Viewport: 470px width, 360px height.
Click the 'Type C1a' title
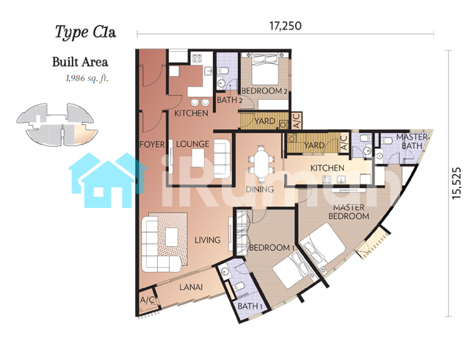coord(85,32)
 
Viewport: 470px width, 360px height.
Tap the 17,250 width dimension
coord(286,26)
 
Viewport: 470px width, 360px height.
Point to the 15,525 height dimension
coord(456,183)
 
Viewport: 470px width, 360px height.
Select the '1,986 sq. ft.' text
coord(87,79)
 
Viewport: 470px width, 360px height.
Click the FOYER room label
coord(152,145)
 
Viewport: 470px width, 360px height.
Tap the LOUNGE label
coord(192,144)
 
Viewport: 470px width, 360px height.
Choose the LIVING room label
coord(207,240)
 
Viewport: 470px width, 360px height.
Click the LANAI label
coord(191,287)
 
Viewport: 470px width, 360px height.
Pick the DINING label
coord(259,190)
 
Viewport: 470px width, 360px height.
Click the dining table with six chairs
coord(261,164)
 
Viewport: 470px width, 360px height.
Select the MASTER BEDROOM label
coord(349,212)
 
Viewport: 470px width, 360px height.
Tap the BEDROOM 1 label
coord(272,248)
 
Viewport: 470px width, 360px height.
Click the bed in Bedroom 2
coord(265,69)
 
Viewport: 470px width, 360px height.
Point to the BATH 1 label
coord(250,306)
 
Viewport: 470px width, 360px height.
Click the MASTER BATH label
coord(411,141)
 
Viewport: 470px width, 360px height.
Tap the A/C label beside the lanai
coord(148,300)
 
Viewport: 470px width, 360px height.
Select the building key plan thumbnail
coord(57,124)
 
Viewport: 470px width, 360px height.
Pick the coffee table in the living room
coord(172,237)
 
